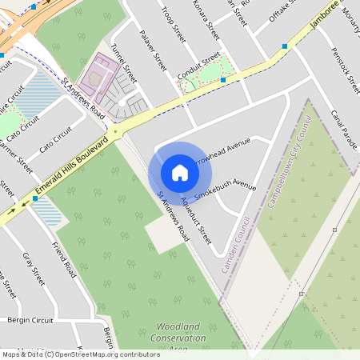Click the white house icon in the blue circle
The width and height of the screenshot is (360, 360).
pos(180,172)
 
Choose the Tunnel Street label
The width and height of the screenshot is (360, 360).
pos(124,65)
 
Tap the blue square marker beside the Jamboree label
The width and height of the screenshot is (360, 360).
pos(285,47)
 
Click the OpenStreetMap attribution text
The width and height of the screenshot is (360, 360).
pos(80,354)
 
